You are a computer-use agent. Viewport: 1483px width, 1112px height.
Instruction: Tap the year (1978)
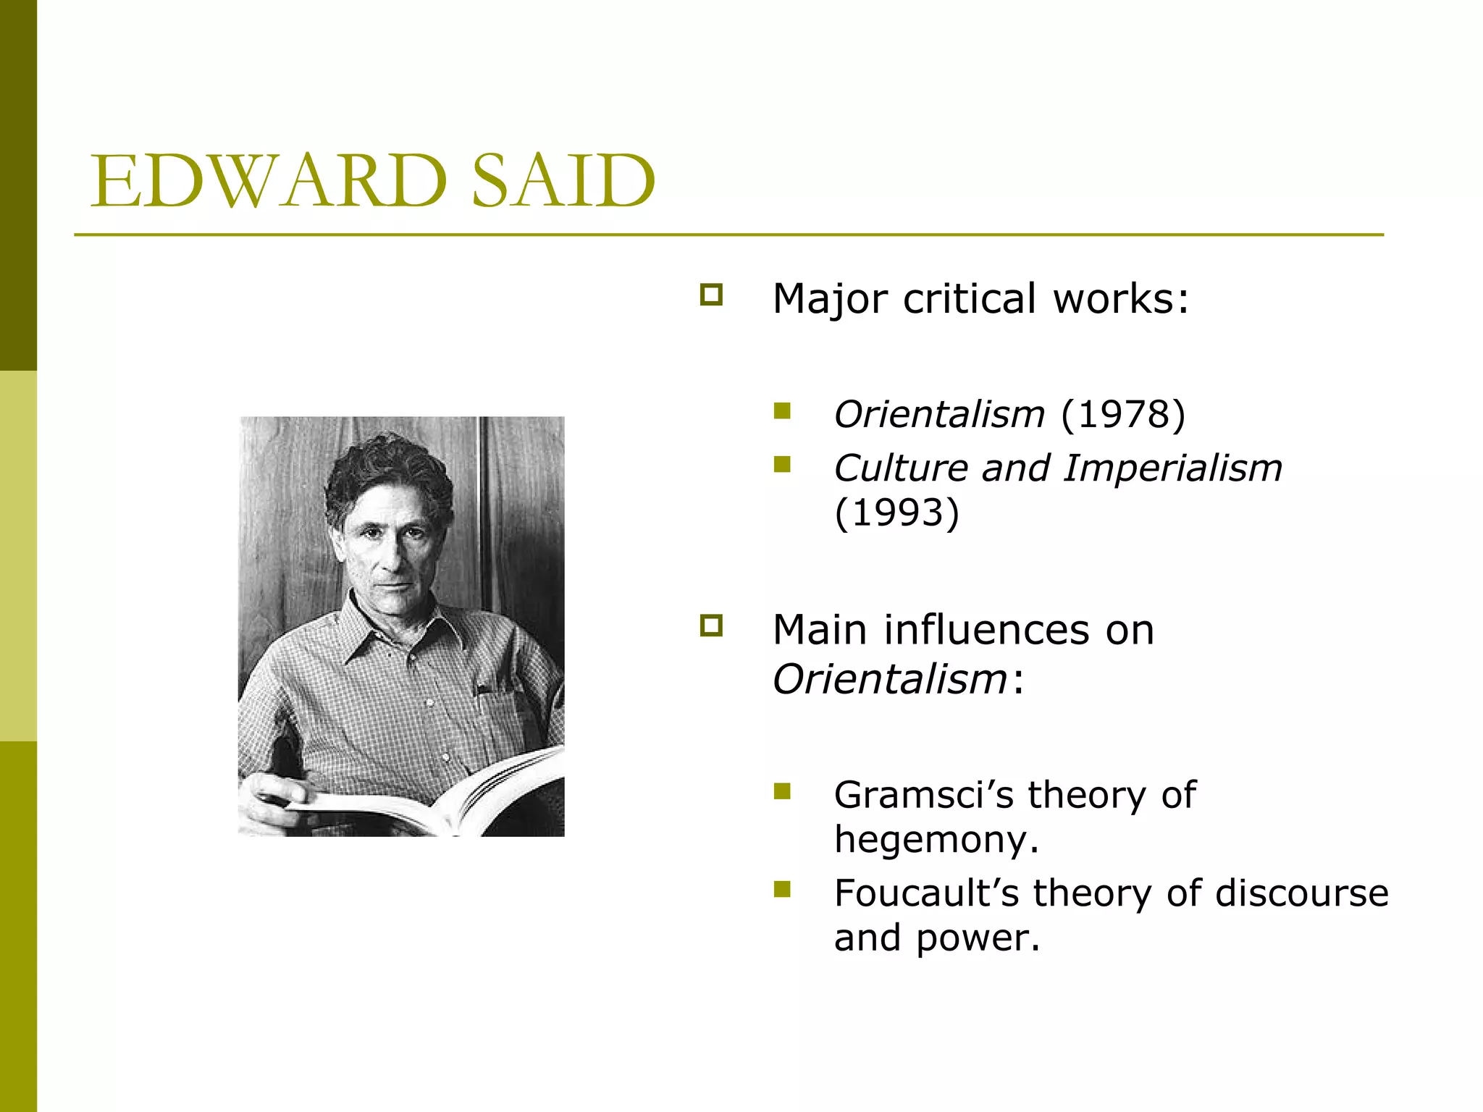tap(1123, 414)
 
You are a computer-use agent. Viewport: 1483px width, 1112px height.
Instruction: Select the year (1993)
tap(896, 513)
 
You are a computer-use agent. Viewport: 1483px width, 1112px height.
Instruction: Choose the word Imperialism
tap(1172, 468)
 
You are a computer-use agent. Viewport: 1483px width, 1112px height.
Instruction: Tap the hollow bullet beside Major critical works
tap(711, 295)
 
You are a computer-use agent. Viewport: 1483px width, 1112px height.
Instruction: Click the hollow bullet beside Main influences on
tap(711, 625)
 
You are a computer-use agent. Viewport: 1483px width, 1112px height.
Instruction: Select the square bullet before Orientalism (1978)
tap(782, 411)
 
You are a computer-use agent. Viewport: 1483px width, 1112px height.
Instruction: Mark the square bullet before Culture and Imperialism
tap(782, 464)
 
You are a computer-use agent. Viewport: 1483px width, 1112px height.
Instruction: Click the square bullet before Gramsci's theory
tap(782, 791)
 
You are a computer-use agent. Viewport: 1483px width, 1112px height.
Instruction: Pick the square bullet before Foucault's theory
tap(782, 888)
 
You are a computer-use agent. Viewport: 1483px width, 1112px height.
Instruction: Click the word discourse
tap(1301, 893)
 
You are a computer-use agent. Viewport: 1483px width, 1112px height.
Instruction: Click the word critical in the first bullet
tap(970, 298)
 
